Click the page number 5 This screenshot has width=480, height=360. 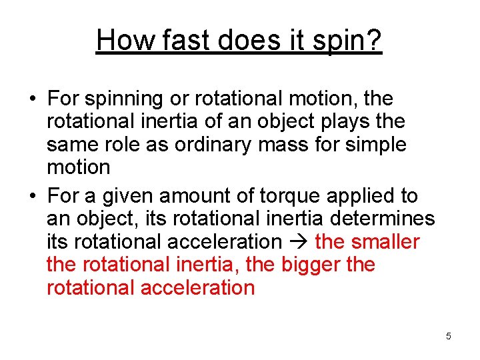(x=449, y=336)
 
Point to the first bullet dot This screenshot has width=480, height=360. (x=32, y=99)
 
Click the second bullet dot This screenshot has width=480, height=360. (x=32, y=197)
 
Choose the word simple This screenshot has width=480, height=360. (x=375, y=145)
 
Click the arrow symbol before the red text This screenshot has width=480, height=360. (x=298, y=241)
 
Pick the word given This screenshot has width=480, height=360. (x=127, y=197)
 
